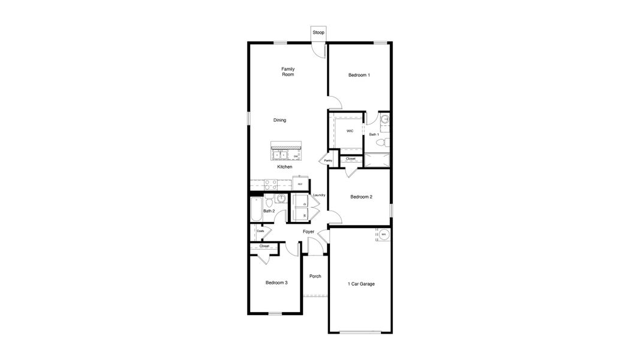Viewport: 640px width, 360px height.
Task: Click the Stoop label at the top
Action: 318,32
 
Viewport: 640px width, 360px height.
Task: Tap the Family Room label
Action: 288,71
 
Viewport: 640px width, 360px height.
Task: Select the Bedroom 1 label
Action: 359,75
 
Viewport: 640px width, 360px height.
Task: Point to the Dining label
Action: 280,120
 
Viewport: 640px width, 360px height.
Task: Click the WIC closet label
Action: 350,130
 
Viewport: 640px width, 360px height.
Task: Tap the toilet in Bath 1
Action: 387,143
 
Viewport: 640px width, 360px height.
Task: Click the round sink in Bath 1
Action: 386,119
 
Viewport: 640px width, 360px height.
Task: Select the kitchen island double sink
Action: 280,156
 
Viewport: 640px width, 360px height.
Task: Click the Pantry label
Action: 328,160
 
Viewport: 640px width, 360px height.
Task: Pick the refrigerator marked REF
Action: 301,184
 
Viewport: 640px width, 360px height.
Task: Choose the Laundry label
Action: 319,195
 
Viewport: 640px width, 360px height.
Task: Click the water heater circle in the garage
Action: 383,234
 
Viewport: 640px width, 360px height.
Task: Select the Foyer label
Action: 308,232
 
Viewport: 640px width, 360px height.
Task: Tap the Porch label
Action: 315,277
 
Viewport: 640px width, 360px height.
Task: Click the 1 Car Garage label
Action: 361,284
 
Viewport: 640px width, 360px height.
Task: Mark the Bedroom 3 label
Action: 277,283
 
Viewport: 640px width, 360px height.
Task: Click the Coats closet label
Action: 261,231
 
